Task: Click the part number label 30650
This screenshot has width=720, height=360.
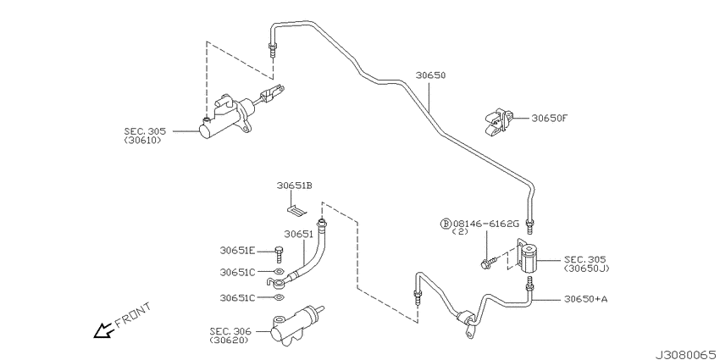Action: [x=430, y=75]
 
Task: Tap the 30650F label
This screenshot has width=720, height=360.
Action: [x=549, y=118]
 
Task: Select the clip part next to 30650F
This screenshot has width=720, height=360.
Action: [x=498, y=121]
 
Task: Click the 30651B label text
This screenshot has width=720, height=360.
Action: [x=294, y=186]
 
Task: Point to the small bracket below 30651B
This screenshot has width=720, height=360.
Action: [x=296, y=211]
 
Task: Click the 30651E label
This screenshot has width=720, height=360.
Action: [x=237, y=251]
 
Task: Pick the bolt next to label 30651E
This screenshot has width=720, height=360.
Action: [x=279, y=254]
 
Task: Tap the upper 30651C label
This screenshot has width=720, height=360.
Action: [x=237, y=272]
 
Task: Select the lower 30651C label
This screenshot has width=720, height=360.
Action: [x=237, y=298]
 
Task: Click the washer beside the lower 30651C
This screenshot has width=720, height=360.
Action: [x=279, y=297]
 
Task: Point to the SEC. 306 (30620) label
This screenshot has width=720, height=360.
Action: [x=230, y=335]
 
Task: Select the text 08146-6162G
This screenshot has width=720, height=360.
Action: [x=486, y=224]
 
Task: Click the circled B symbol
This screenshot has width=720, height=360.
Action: [x=446, y=224]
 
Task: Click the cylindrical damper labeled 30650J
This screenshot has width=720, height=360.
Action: [x=528, y=258]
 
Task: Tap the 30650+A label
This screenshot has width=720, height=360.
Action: [x=585, y=299]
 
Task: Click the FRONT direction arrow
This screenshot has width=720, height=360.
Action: [x=104, y=330]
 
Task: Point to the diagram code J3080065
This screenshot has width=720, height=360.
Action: [x=685, y=354]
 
